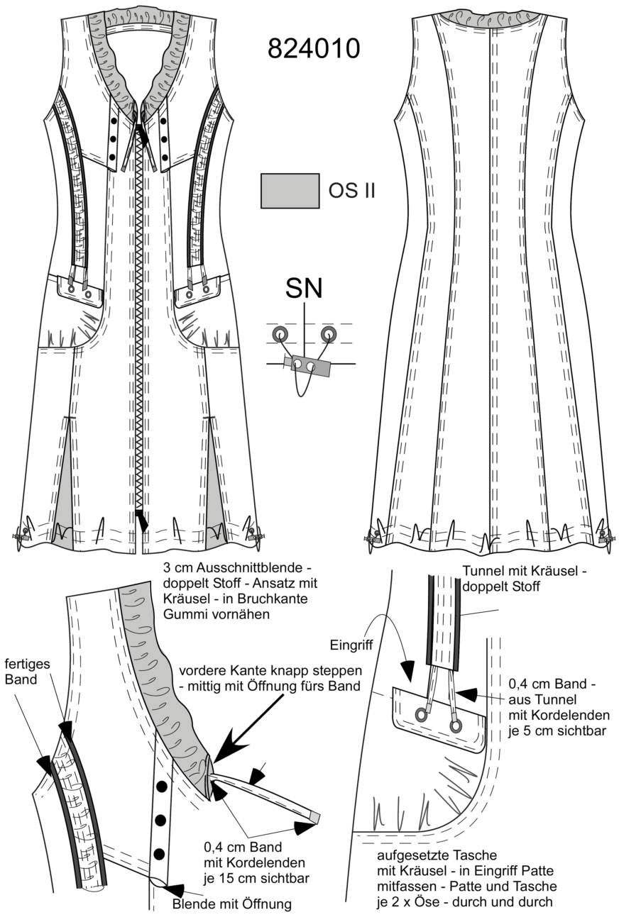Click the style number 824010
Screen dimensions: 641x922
[314, 48]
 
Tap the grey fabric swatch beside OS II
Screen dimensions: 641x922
[290, 191]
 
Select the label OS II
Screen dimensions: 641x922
[352, 191]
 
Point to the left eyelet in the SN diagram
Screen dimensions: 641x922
[280, 333]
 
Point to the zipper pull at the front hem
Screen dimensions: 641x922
[142, 521]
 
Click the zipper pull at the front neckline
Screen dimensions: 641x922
[143, 135]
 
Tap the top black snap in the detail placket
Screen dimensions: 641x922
[162, 787]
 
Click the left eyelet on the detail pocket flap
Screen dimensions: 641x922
[421, 715]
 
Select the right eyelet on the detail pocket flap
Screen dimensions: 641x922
[455, 726]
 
